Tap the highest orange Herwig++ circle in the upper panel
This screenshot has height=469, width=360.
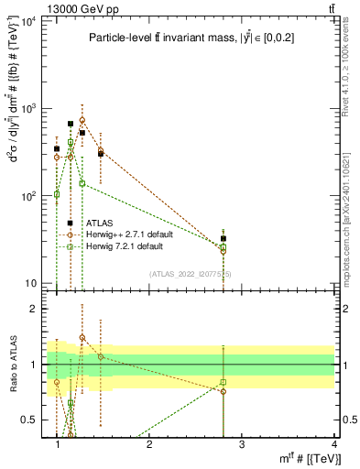[x=82, y=120]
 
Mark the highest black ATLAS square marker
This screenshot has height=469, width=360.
[x=71, y=124]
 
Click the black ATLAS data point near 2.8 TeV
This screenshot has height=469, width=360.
[x=224, y=238]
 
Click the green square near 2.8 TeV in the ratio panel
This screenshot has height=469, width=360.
[x=224, y=381]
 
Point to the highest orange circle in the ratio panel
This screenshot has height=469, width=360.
[x=82, y=337]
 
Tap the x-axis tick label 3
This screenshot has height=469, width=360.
[x=242, y=443]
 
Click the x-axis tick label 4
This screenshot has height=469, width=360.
[x=333, y=443]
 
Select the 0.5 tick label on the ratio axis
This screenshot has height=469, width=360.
[x=27, y=420]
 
